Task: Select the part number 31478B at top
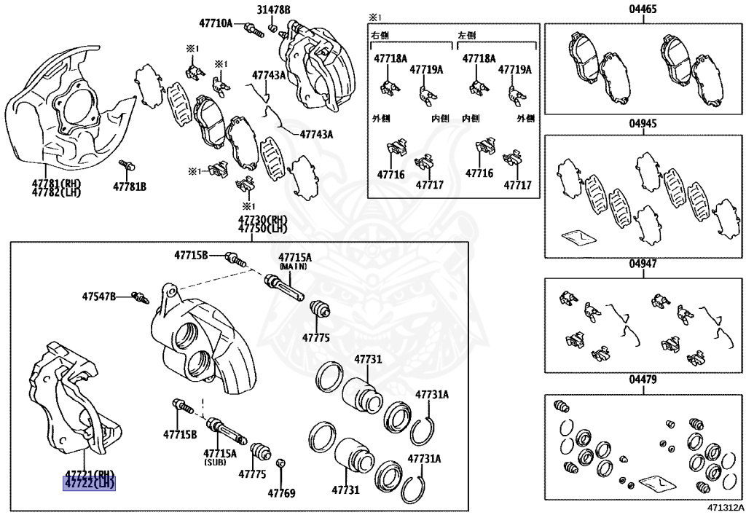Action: coord(272,9)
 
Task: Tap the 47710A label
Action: coord(217,23)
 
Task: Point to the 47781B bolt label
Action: coord(129,187)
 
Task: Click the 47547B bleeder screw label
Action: coord(98,296)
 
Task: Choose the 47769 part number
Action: coord(281,493)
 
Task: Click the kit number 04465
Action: coord(643,9)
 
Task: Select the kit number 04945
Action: coord(643,124)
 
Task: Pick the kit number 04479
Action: coord(643,380)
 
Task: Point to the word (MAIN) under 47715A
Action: coord(294,267)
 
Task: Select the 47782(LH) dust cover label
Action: coord(56,193)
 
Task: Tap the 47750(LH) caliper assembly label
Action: coord(262,229)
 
